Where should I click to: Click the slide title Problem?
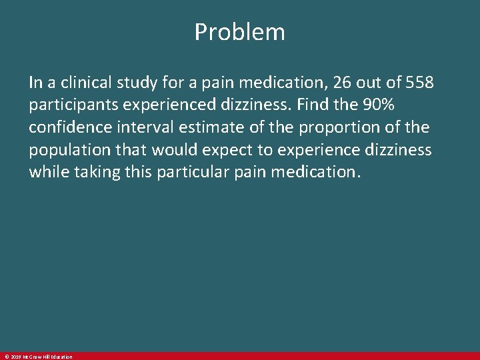coord(239,32)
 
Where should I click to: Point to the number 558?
coord(420,83)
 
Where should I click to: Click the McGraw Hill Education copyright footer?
coord(38,357)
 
